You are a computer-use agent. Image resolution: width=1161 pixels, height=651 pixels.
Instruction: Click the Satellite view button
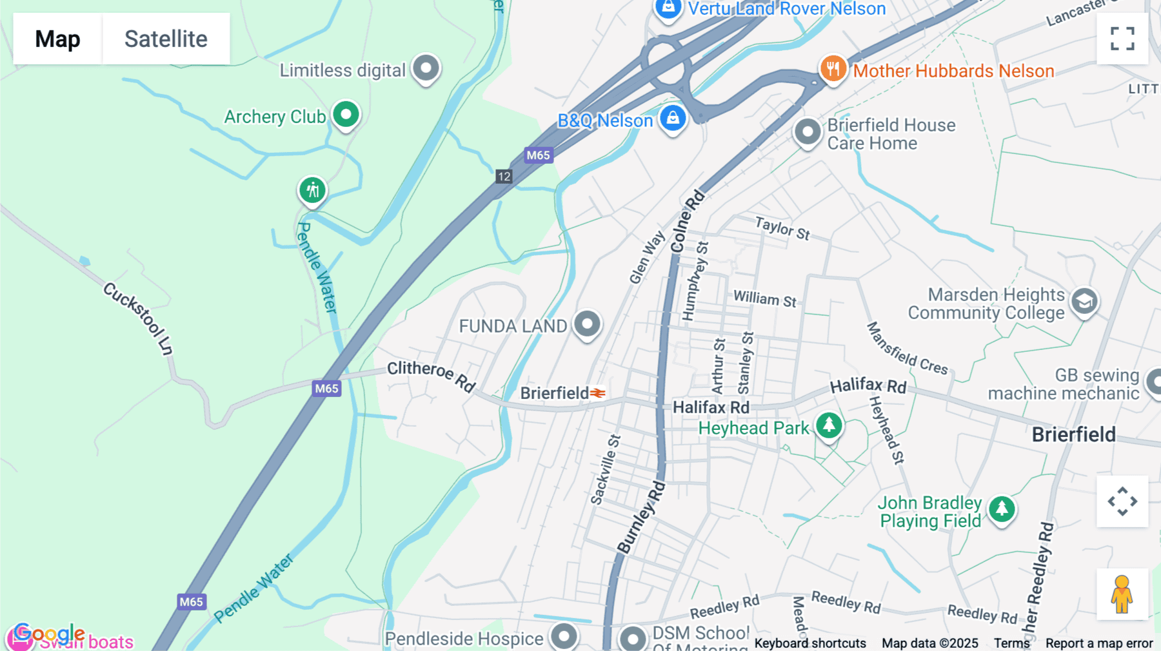click(166, 39)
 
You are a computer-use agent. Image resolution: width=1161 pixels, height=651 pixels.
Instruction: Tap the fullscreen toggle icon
click(1122, 39)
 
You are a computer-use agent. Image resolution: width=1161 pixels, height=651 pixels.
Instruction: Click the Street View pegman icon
click(1122, 594)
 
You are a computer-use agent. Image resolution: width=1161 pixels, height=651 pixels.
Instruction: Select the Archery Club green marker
click(346, 115)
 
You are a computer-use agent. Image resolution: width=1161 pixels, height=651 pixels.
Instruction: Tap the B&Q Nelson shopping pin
click(673, 119)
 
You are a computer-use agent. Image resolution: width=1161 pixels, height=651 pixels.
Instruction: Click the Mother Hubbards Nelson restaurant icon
click(833, 68)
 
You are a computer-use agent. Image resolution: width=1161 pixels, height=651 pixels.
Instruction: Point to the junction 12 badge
click(504, 177)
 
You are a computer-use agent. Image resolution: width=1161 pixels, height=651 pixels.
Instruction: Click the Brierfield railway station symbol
click(598, 393)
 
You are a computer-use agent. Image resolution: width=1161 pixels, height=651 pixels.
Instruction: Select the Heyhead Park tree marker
click(829, 425)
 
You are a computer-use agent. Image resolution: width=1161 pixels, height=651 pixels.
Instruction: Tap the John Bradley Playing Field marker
click(1002, 509)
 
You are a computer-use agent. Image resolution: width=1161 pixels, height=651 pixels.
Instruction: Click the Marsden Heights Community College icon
click(1084, 301)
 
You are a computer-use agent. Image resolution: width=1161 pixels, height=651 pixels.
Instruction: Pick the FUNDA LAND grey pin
click(587, 324)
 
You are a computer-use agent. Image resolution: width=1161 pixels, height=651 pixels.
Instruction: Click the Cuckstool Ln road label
click(138, 318)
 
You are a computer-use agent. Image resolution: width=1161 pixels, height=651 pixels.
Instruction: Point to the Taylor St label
click(782, 228)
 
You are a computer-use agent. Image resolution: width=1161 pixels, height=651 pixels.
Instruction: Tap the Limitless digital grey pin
click(426, 68)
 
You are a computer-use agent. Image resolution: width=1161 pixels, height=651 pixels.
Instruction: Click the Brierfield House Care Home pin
click(807, 131)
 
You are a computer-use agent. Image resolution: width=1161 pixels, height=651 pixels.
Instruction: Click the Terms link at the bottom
click(1011, 643)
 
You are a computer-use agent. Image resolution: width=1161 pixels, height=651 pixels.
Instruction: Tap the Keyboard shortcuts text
click(810, 643)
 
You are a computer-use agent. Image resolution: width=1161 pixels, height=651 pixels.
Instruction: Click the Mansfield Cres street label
click(906, 349)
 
